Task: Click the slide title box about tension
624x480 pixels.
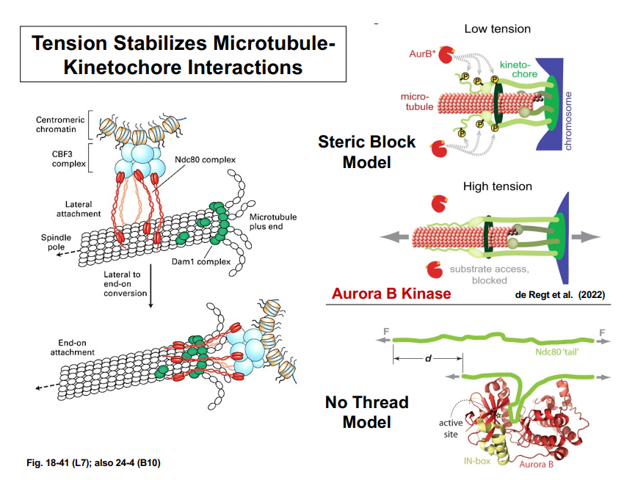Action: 183,54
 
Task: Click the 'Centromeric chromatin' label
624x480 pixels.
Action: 59,126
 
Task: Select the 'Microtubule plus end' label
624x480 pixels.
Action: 269,222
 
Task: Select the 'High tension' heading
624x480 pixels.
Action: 498,186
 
